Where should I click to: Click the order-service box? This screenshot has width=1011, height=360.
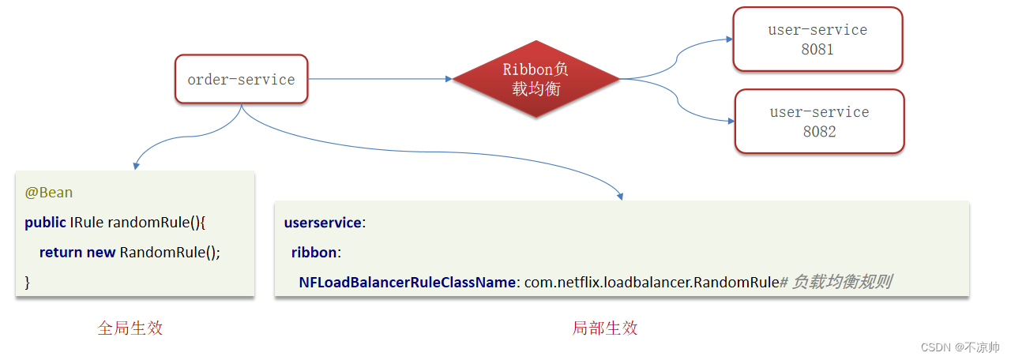point(241,79)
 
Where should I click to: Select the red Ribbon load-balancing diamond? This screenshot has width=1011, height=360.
point(536,79)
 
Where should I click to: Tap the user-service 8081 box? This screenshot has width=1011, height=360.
point(817,39)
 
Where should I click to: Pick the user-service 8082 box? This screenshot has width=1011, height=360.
point(819,121)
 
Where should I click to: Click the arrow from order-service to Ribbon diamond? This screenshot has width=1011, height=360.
point(379,79)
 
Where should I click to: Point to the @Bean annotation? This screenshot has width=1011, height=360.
point(49,193)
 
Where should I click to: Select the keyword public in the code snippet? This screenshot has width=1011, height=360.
point(45,223)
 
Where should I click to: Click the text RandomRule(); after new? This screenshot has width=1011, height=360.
point(170,253)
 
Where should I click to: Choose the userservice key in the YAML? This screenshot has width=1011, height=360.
point(322,223)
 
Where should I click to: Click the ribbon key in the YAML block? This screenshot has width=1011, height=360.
point(314,253)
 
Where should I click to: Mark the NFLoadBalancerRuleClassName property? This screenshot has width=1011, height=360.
point(407,282)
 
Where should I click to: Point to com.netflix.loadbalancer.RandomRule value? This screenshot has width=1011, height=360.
point(652,282)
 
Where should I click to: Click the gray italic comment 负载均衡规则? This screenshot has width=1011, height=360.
point(842,282)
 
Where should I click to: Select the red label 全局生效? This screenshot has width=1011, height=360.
point(130,328)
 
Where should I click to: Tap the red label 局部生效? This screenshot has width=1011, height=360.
point(605,328)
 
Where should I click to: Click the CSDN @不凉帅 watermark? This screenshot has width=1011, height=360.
point(960,347)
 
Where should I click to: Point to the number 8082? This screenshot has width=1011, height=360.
point(819,132)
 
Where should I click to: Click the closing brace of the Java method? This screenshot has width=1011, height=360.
point(28,282)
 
